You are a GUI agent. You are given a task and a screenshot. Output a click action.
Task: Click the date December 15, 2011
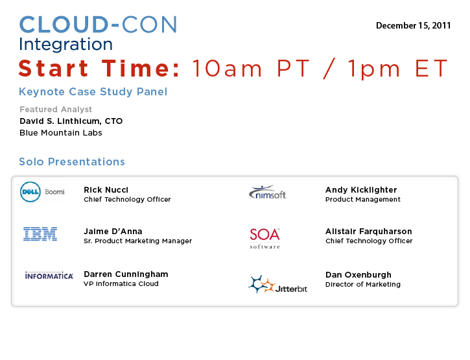414,26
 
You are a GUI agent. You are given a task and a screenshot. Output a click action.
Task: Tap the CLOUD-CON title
99,25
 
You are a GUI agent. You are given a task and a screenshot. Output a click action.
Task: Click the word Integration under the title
66,44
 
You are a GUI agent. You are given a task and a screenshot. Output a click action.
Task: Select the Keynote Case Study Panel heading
93,92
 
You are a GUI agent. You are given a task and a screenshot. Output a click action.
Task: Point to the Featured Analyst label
56,110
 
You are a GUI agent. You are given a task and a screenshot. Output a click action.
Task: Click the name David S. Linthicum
60,121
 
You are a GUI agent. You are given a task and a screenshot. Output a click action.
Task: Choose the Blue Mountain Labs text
61,133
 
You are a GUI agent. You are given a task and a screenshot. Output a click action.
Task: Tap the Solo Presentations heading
72,162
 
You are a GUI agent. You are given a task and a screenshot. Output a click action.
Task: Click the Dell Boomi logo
42,192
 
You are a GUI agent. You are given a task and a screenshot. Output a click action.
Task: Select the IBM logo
40,234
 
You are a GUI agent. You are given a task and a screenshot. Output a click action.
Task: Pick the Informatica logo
49,276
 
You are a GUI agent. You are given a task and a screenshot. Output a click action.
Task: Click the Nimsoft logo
267,192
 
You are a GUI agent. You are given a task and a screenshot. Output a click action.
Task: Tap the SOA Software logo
265,238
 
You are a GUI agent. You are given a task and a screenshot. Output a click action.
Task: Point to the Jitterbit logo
278,284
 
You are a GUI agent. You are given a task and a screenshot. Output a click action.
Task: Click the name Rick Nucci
106,190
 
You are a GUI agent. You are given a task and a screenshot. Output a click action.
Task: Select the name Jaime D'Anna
113,232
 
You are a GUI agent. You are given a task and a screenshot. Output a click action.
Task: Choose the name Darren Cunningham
126,274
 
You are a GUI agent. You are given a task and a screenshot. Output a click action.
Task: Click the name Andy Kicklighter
361,190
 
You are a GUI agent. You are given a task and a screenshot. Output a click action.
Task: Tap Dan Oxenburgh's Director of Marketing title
363,284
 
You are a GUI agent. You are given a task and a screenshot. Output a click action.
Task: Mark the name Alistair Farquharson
369,232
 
